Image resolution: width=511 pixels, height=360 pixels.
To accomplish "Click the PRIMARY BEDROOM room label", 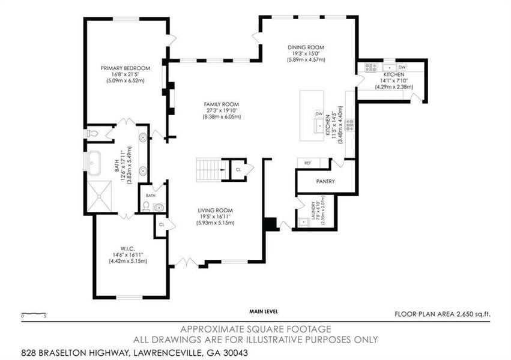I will (125, 68).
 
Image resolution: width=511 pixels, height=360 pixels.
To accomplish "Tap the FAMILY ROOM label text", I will (222, 104).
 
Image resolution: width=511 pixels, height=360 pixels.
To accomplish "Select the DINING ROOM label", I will (306, 47).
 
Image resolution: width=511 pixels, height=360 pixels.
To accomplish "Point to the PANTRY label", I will (325, 181).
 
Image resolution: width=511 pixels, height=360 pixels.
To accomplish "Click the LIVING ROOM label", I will (216, 210).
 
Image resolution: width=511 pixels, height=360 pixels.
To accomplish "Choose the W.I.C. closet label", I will (126, 249).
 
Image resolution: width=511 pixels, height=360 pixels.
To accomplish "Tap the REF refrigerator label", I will (307, 163).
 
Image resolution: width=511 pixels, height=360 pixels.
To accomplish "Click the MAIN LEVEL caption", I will (264, 312).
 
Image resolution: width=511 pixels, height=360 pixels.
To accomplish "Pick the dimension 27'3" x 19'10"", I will (222, 110).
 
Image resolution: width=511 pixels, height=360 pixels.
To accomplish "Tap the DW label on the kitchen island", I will (318, 114).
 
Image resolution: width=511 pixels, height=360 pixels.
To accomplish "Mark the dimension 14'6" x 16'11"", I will (126, 256).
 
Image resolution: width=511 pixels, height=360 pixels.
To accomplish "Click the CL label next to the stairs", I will (238, 170).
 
